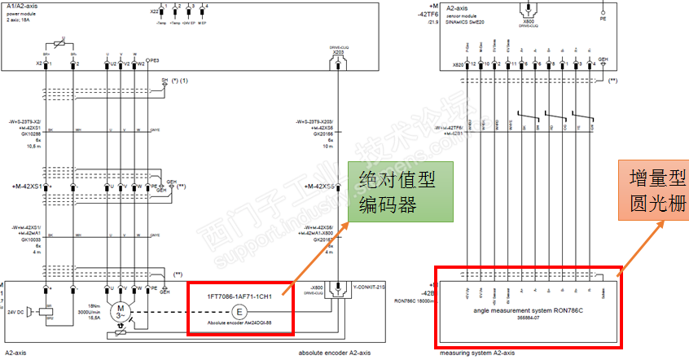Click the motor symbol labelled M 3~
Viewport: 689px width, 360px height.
pyautogui.click(x=121, y=312)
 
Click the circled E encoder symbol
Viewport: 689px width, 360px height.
pyautogui.click(x=239, y=312)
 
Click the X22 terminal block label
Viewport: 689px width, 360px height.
pyautogui.click(x=154, y=12)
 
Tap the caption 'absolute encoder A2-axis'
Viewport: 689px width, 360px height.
pyautogui.click(x=335, y=353)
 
